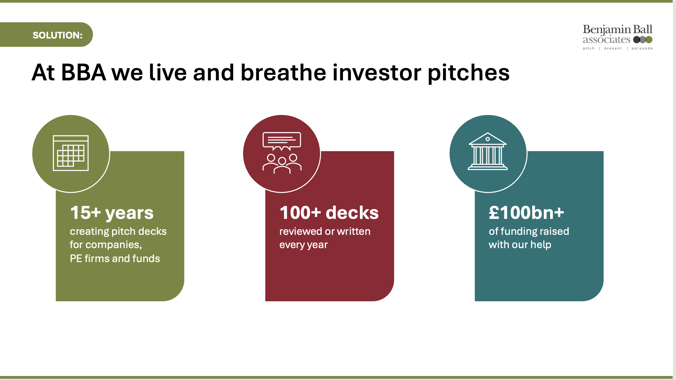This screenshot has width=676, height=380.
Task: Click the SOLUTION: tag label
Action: click(57, 35)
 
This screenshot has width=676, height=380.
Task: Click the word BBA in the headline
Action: click(83, 72)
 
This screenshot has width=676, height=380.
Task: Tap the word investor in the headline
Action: click(377, 72)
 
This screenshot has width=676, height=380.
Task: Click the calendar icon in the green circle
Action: click(71, 153)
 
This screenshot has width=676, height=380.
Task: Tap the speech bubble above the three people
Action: click(282, 141)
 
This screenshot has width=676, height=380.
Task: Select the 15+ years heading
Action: click(112, 213)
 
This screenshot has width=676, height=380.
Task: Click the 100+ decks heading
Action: click(329, 213)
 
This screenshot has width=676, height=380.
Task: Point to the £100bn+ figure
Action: click(526, 213)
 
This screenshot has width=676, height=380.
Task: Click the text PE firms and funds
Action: click(115, 258)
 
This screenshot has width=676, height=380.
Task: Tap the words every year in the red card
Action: click(303, 245)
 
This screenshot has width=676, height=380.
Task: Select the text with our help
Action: click(520, 245)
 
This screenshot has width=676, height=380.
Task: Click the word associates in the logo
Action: click(606, 40)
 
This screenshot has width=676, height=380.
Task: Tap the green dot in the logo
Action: click(649, 40)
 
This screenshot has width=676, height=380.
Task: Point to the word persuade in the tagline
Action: click(642, 48)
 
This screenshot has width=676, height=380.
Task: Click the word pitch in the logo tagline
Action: click(588, 48)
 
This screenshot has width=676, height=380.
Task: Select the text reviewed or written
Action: click(324, 231)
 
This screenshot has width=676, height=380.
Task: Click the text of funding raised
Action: click(529, 231)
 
